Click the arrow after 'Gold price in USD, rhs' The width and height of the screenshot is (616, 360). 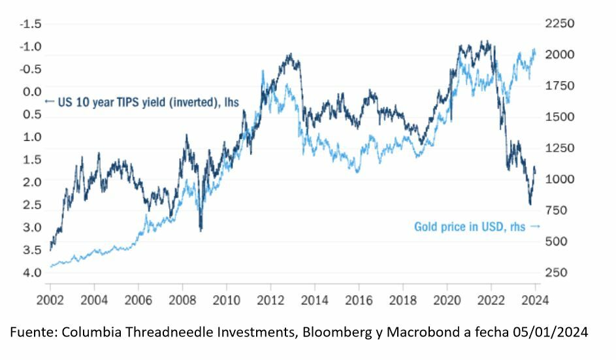coord(536,227)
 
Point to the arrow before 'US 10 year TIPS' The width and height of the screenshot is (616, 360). coord(48,101)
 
